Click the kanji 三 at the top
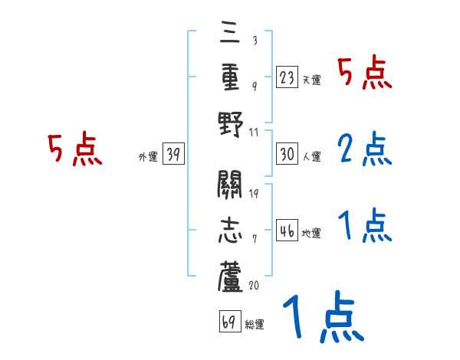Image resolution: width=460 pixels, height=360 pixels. (x=230, y=33)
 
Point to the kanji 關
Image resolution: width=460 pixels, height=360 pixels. (x=230, y=186)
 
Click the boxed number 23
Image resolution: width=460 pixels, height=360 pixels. (x=287, y=77)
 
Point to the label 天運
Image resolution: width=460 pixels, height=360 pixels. (x=312, y=80)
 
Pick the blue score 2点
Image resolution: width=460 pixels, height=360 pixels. (x=364, y=149)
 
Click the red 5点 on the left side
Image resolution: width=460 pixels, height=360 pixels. (x=74, y=149)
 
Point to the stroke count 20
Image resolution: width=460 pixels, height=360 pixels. (x=255, y=285)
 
